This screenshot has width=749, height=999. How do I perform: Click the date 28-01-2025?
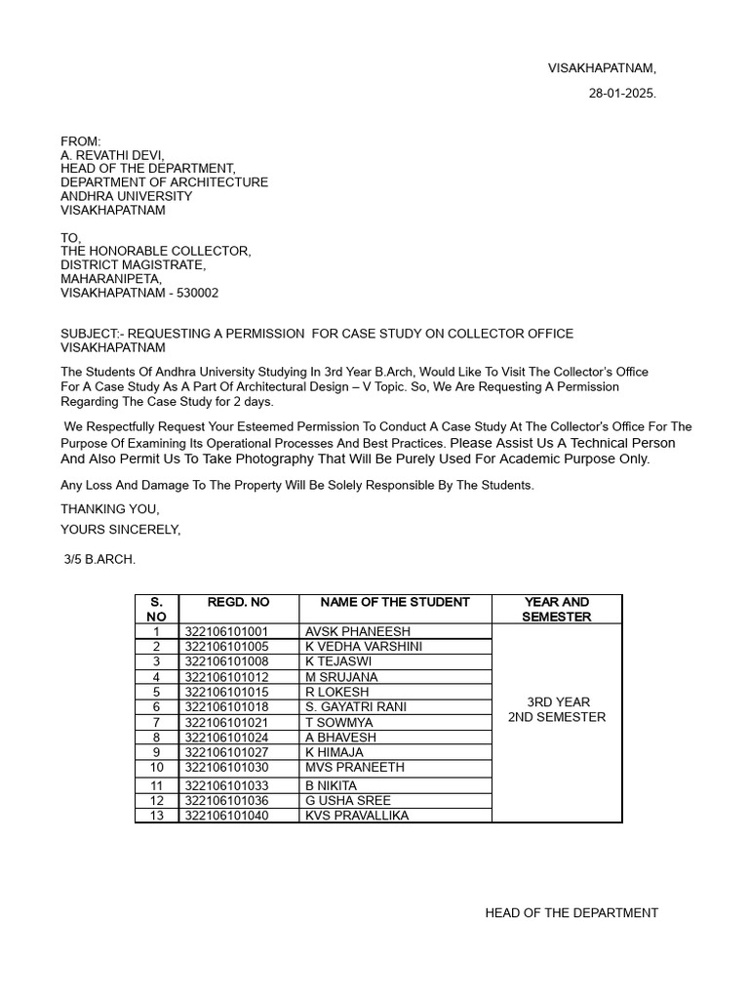pos(622,94)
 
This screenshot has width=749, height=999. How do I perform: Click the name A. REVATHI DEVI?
pos(112,155)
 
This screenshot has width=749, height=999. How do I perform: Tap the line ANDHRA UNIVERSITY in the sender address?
pos(126,196)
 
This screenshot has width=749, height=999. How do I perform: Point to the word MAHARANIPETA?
pos(111,279)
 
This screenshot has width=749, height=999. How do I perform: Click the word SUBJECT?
pos(89,334)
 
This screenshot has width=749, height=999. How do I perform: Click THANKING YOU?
pos(109,508)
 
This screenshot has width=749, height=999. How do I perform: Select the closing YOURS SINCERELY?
pos(120,530)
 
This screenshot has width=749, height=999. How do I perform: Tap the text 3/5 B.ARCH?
pos(100,560)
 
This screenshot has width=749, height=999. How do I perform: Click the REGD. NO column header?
pos(238,602)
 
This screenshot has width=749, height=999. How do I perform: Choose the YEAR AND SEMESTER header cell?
pos(556,609)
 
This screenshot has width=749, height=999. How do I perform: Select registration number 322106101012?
pos(226,677)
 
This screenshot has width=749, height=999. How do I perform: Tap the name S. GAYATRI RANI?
pos(356,706)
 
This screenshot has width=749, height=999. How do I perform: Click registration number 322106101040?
pos(226,816)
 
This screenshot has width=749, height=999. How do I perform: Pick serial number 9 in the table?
pos(156,752)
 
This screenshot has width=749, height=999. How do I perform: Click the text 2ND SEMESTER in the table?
pos(557,717)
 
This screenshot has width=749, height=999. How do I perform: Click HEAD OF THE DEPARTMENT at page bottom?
pos(572,913)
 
